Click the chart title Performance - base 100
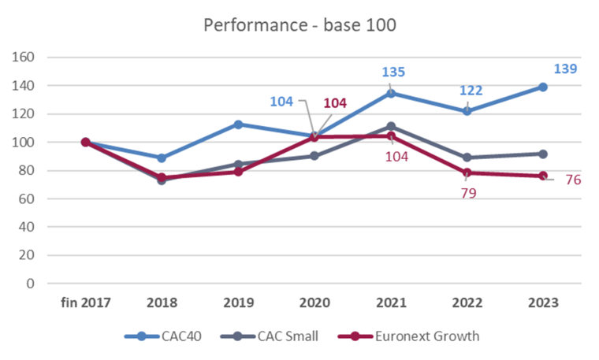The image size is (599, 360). pos(299,24)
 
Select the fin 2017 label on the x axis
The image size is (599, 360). pos(86,303)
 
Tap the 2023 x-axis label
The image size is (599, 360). pos(543,303)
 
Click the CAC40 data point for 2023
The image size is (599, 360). pos(543,87)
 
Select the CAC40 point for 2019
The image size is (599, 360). pos(238,124)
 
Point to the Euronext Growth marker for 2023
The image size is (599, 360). pos(543,176)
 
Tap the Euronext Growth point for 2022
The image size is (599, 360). pos(467,172)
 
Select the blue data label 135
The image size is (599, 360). pos(393,72)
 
